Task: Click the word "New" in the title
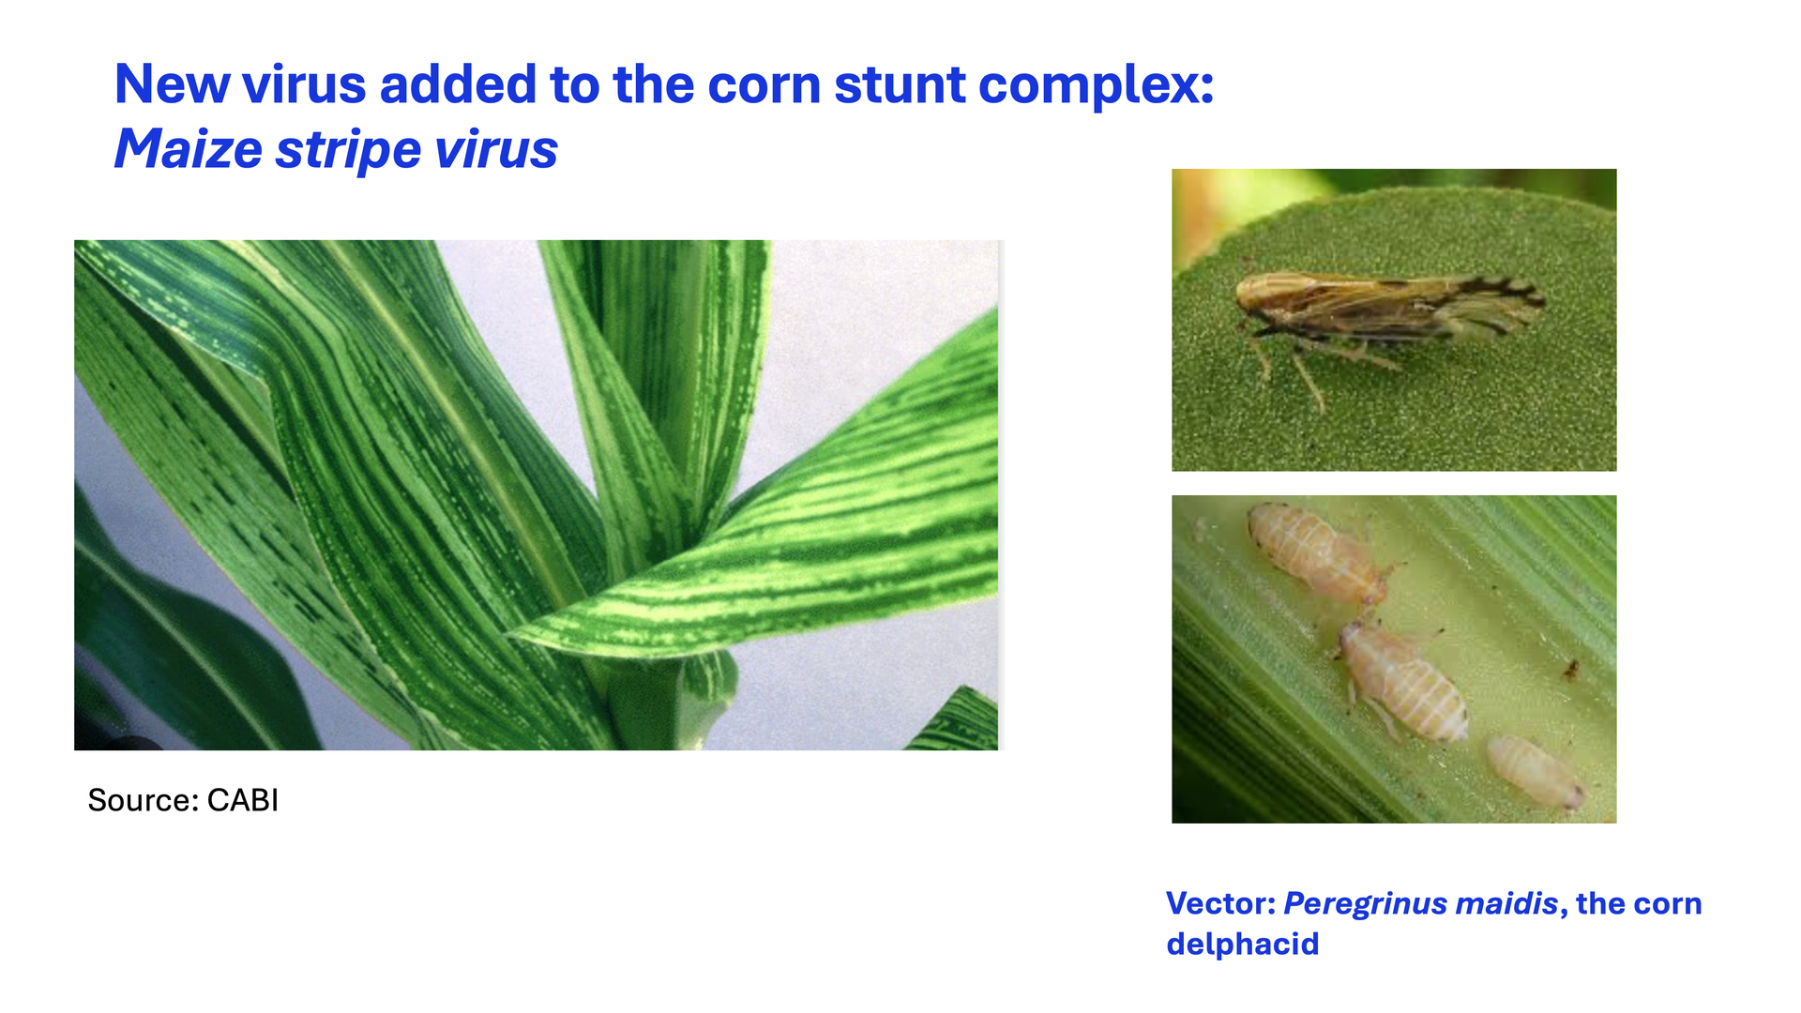[x=172, y=84]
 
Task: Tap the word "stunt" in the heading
[x=900, y=85]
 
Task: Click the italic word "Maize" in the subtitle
[x=189, y=149]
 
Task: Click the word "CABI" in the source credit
[x=243, y=800]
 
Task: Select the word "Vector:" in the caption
[x=1220, y=903]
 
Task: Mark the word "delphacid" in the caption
[x=1243, y=944]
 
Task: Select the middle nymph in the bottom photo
[x=1402, y=681]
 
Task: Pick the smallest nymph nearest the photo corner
[x=1535, y=771]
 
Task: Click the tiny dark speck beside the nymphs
[x=1570, y=670]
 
